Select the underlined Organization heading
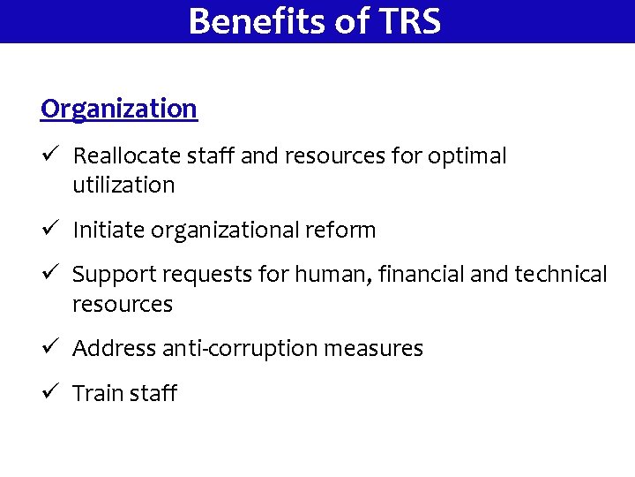[x=119, y=109]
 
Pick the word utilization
[x=123, y=185]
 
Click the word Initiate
[x=108, y=231]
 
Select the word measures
[x=374, y=349]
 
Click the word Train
[x=99, y=393]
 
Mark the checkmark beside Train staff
[x=49, y=392]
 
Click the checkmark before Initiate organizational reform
[x=49, y=230]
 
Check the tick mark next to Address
[x=49, y=348]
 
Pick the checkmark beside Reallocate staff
[x=49, y=155]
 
